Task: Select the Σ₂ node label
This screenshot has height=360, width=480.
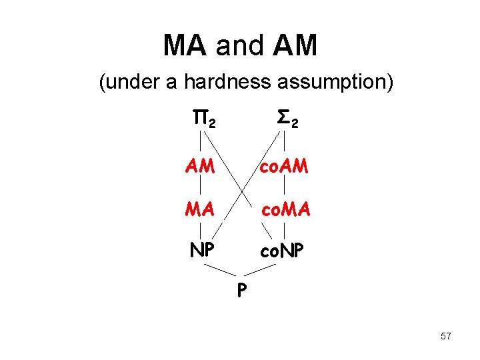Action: [x=287, y=120]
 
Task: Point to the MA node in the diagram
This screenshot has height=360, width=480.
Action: [x=200, y=211]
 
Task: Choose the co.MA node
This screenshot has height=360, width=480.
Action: [x=285, y=211]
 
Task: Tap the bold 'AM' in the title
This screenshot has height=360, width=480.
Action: [x=295, y=45]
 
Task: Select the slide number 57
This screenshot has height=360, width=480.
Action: [x=445, y=336]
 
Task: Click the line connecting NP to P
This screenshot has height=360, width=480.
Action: [x=219, y=269]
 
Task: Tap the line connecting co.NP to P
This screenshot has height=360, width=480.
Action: [x=261, y=269]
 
